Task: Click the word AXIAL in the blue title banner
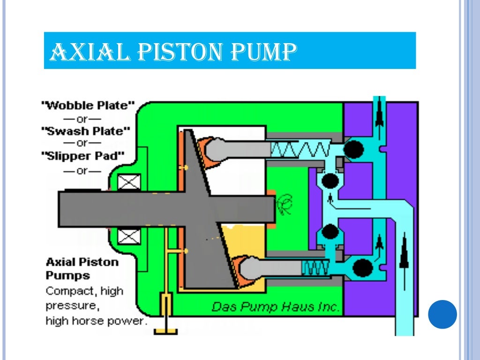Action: (89, 51)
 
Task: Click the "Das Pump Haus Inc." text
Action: (275, 307)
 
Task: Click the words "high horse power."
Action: (96, 322)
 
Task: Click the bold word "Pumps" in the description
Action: (68, 276)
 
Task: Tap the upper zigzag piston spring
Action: (300, 150)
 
